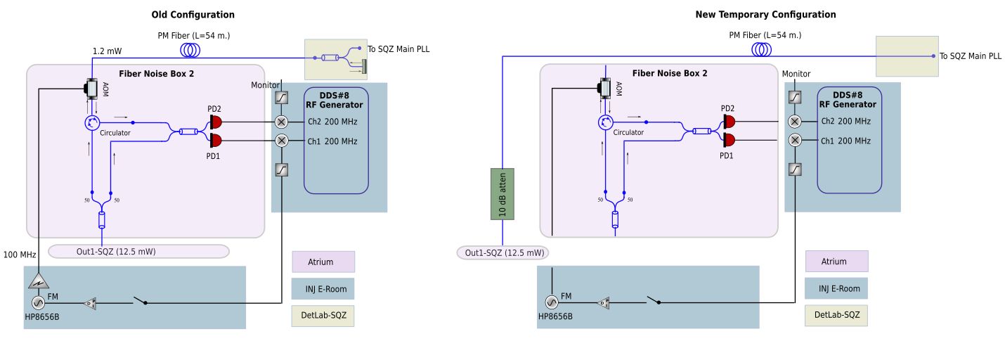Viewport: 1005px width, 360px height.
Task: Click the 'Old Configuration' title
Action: [193, 15]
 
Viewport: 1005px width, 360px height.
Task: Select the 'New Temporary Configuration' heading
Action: [765, 15]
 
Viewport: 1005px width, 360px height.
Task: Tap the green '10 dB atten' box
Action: [502, 194]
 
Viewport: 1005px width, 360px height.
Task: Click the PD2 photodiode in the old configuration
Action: [216, 122]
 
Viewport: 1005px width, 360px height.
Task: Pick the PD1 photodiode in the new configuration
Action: [729, 140]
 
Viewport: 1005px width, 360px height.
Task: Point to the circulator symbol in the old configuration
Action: [92, 122]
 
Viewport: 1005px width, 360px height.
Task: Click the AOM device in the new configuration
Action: [605, 88]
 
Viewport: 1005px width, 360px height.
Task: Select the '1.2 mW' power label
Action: [108, 51]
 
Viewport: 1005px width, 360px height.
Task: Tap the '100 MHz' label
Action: [20, 255]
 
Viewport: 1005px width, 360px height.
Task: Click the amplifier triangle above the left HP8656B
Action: [39, 281]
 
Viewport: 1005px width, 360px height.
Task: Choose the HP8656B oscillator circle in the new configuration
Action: [552, 302]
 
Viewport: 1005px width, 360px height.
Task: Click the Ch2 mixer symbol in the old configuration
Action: [281, 122]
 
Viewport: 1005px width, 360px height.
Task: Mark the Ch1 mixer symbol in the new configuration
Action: [795, 141]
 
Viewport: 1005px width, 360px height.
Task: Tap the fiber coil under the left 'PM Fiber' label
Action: [190, 50]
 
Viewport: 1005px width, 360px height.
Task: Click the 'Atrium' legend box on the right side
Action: [837, 262]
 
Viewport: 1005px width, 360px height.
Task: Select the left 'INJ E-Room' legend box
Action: [323, 288]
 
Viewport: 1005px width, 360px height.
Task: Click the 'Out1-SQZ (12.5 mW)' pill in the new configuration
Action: [502, 252]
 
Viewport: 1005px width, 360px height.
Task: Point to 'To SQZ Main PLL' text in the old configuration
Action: [398, 49]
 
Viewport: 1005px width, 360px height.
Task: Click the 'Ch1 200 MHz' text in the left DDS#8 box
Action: [332, 141]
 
